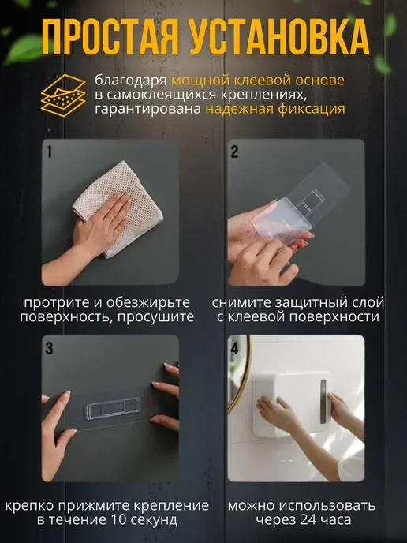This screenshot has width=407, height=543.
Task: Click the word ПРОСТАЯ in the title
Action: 110,37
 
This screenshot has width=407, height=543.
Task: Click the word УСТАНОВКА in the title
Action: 279,37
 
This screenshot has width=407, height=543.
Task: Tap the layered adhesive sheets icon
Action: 63,95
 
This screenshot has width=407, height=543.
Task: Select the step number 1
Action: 49,152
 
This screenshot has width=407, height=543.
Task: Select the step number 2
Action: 234,152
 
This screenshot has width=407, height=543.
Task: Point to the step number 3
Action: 49,348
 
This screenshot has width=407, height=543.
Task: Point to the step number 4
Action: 234,348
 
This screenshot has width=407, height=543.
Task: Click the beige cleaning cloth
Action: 118,208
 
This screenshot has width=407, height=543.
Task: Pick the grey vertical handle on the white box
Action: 323,402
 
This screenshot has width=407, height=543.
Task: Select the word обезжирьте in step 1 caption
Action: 148,302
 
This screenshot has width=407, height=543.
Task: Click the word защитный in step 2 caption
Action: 303,303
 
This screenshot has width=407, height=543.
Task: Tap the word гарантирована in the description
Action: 148,109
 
